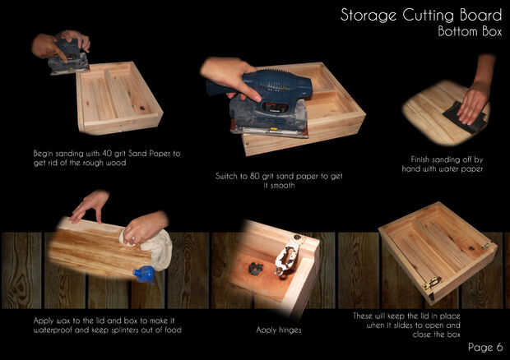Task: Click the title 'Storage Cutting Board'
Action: [421, 16]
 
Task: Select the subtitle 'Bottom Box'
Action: [470, 31]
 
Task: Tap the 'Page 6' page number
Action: [485, 347]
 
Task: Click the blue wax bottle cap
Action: [144, 274]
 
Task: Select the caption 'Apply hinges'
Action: [279, 330]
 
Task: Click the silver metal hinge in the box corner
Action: [287, 256]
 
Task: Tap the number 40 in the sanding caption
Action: [107, 153]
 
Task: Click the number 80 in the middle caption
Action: [254, 176]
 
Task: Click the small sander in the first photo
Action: [68, 58]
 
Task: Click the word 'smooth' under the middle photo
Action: [282, 186]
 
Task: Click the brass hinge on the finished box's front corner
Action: [433, 283]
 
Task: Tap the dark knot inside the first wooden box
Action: [141, 108]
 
